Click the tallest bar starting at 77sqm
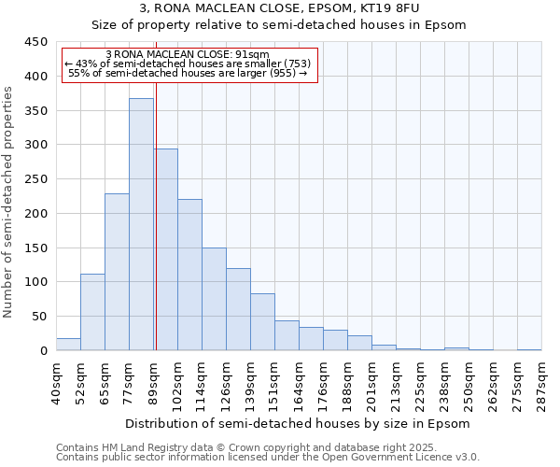click(x=141, y=224)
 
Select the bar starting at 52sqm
click(x=92, y=312)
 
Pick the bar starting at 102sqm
click(x=189, y=275)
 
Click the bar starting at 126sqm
click(x=238, y=309)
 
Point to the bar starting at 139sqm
click(x=262, y=322)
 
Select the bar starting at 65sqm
click(x=117, y=272)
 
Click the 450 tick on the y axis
click(x=36, y=42)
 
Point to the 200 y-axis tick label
click(x=36, y=214)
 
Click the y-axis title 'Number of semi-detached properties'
click(x=9, y=202)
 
